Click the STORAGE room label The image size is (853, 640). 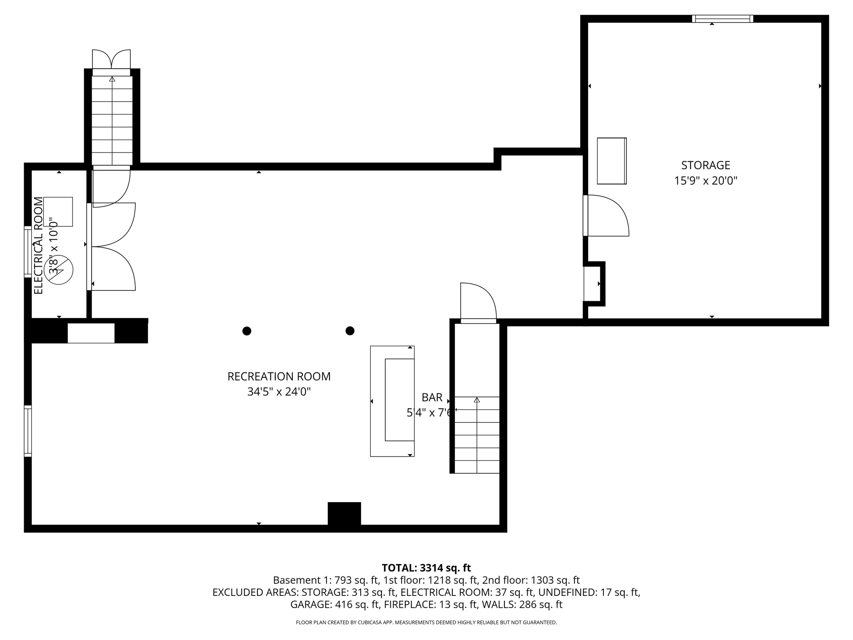tap(706, 165)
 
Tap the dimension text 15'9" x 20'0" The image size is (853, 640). tap(706, 181)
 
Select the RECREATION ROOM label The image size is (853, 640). tap(279, 377)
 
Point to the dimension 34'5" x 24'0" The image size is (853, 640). tap(279, 392)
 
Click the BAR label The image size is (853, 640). tap(432, 397)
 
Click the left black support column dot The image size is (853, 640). tap(247, 331)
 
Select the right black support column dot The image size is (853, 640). tap(350, 331)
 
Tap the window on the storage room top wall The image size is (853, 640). tap(722, 19)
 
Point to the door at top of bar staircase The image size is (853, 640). tap(478, 302)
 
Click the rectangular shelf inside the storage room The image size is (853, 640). tap(611, 161)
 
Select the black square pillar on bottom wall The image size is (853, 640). tap(344, 513)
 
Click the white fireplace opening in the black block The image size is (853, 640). tap(91, 333)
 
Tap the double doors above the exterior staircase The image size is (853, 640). tap(111, 60)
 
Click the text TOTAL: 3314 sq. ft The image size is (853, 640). tap(426, 568)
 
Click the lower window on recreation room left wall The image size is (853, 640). tap(28, 431)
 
